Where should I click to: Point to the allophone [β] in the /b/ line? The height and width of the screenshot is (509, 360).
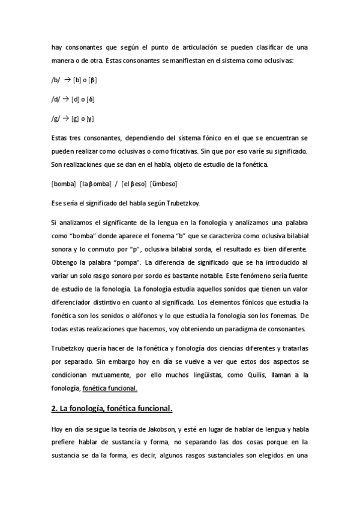(94, 80)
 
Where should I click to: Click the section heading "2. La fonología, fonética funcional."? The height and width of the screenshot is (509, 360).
(112, 409)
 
